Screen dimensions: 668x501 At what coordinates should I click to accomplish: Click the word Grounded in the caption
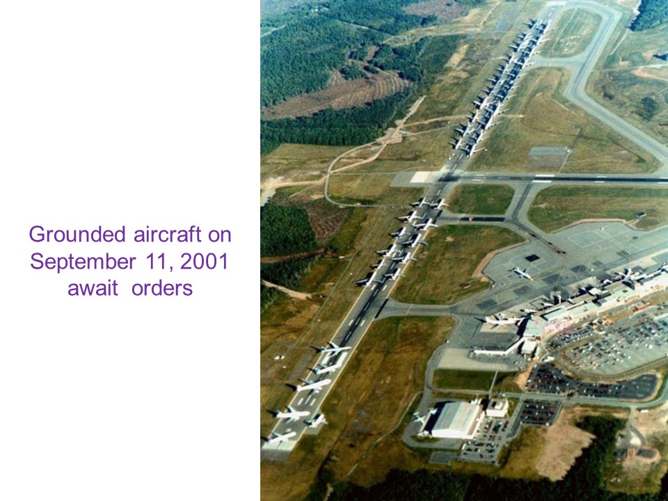tap(77, 234)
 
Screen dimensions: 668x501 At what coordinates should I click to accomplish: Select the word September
tap(83, 262)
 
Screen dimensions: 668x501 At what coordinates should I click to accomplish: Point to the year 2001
tap(205, 261)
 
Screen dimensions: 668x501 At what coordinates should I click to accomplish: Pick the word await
tap(93, 288)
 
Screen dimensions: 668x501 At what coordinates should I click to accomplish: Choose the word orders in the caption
tap(162, 288)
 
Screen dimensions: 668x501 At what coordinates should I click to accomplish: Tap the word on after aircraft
tap(220, 235)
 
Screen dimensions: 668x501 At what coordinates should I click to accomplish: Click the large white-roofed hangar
tap(456, 420)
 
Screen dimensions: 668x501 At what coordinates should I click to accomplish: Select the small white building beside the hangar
tap(497, 407)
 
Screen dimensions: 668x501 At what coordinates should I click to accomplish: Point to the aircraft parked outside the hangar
tap(424, 415)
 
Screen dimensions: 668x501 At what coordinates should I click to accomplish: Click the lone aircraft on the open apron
tap(523, 273)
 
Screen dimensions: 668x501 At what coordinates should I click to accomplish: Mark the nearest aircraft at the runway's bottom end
tap(279, 437)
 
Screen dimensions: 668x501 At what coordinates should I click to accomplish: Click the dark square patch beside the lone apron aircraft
tap(532, 257)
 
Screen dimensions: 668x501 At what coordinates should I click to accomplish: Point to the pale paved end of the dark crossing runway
tap(423, 177)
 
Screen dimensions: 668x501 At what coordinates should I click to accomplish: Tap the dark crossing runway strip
tap(554, 178)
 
